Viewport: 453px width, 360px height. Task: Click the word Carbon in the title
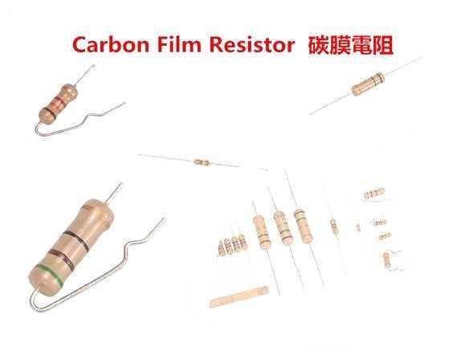[x=111, y=45]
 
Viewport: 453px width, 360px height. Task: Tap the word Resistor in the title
[x=252, y=44]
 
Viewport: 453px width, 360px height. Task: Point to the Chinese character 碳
[x=318, y=45]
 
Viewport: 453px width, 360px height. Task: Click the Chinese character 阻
[x=382, y=45]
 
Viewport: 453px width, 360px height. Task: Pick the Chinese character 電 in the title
[x=361, y=45]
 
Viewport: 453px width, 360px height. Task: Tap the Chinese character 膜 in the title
[x=339, y=45]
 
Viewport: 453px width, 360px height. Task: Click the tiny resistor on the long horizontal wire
[x=202, y=162]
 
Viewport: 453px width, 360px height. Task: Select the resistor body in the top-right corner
[x=368, y=84]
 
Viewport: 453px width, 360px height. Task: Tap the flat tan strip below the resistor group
[x=239, y=297]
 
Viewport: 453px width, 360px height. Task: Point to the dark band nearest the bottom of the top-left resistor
[x=48, y=112]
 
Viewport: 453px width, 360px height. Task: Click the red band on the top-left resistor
[x=59, y=100]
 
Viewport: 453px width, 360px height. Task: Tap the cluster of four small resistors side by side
[x=233, y=245]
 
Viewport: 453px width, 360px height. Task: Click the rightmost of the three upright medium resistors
[x=303, y=226]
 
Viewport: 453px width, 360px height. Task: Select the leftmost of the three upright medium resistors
[x=263, y=232]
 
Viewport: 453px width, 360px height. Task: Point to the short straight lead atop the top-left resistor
[x=84, y=74]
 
